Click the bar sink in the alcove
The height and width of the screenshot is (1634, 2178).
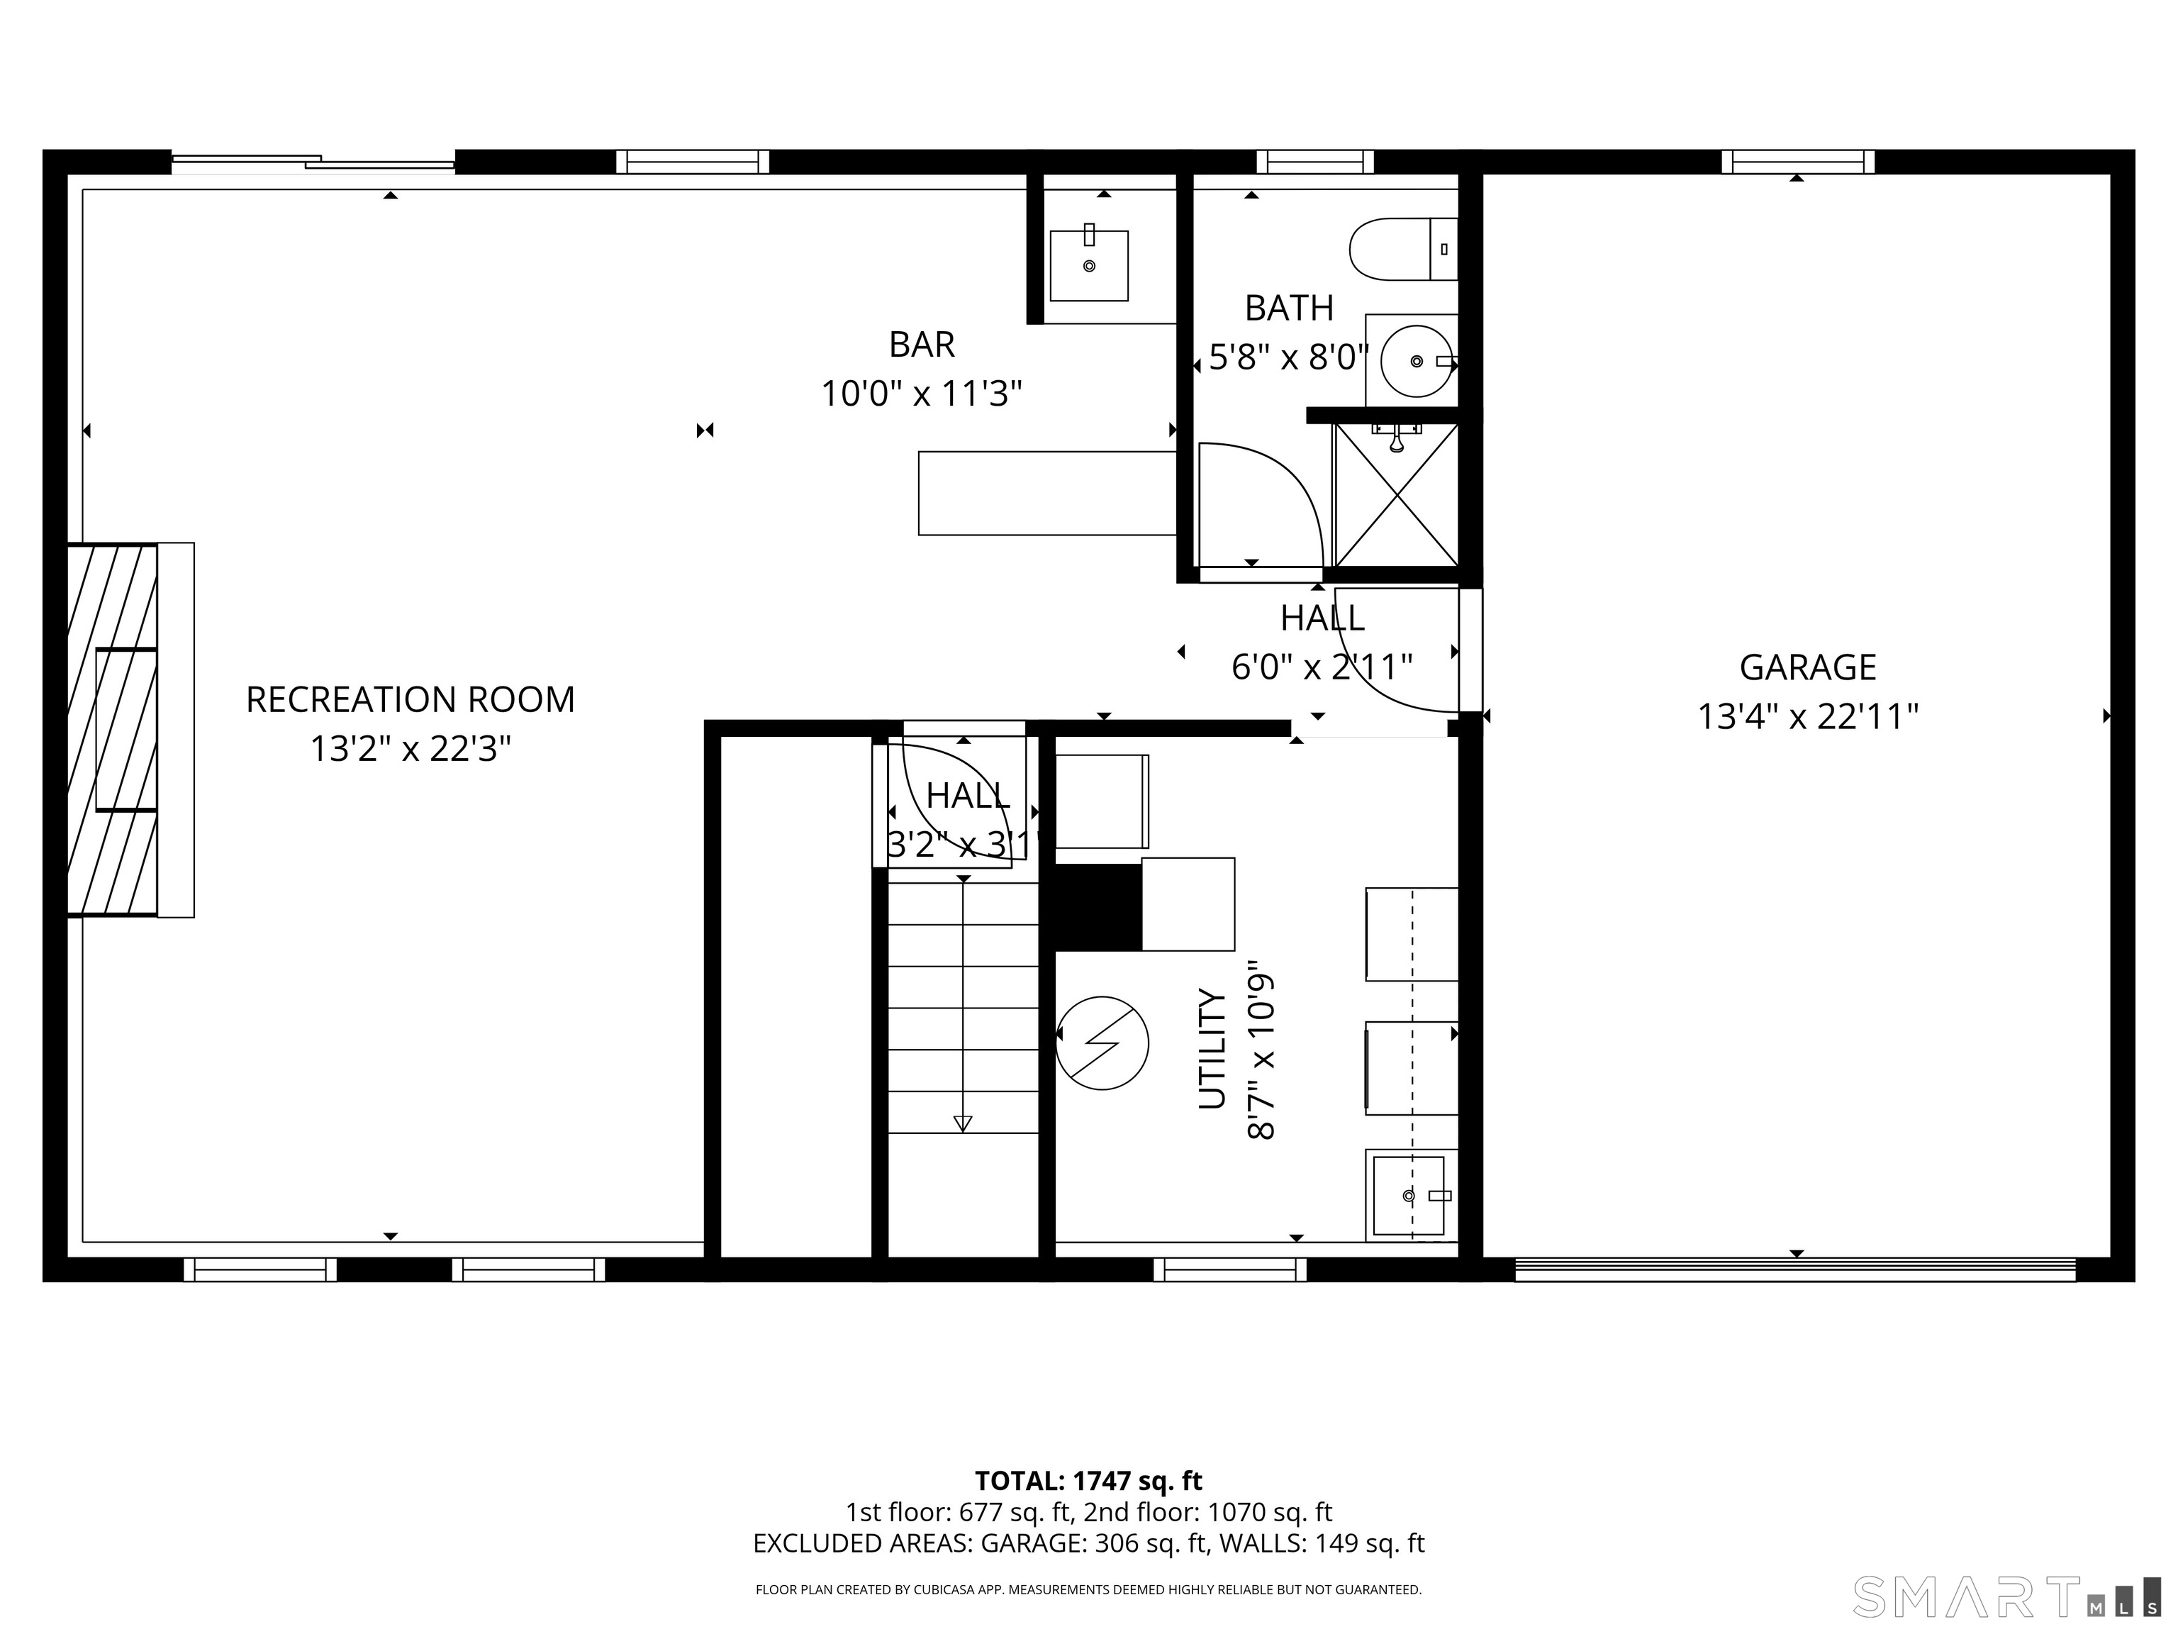click(1088, 265)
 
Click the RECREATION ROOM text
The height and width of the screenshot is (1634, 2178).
click(410, 699)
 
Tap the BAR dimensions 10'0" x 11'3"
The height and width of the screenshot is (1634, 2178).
click(921, 394)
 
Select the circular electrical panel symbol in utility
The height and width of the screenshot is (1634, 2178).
click(1102, 1042)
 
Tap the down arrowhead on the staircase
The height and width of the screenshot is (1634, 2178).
click(962, 1123)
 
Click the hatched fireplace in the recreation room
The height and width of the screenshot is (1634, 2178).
click(112, 729)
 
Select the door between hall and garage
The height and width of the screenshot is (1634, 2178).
click(1469, 650)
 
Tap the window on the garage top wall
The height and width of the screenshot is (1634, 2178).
click(1797, 162)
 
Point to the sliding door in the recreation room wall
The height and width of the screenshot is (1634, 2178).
click(313, 162)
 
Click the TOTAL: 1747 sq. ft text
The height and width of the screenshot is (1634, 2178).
click(1088, 1480)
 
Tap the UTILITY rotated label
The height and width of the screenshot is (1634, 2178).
click(1212, 1048)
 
